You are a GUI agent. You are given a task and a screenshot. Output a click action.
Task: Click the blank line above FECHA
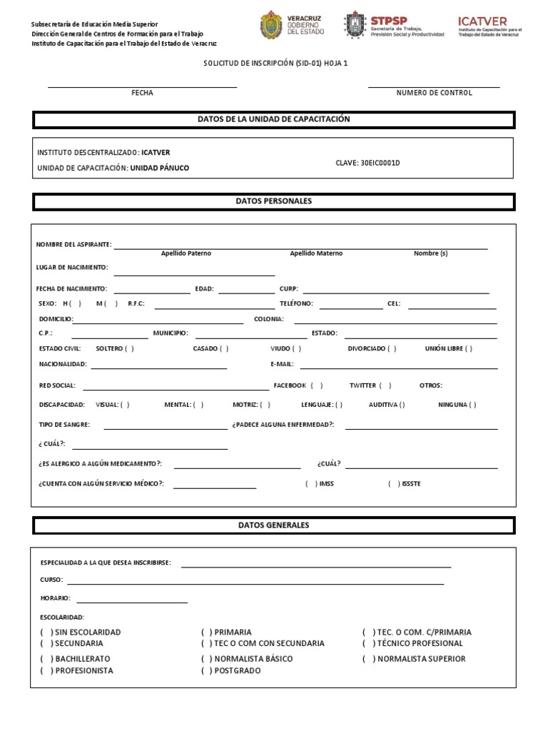142,86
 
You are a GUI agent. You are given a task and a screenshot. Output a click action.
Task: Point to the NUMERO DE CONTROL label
434,93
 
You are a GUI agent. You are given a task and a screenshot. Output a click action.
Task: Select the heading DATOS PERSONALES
274,201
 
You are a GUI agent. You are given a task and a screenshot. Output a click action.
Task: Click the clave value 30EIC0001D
367,163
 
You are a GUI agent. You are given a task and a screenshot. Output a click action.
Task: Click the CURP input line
396,293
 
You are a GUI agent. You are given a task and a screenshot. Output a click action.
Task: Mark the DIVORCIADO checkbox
392,349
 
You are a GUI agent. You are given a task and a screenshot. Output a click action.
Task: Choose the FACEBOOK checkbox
317,385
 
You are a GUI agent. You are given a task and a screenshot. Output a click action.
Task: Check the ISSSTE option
394,483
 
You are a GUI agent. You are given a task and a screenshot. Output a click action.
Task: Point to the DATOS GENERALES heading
274,525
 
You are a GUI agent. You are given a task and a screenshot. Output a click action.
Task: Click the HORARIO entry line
132,603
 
